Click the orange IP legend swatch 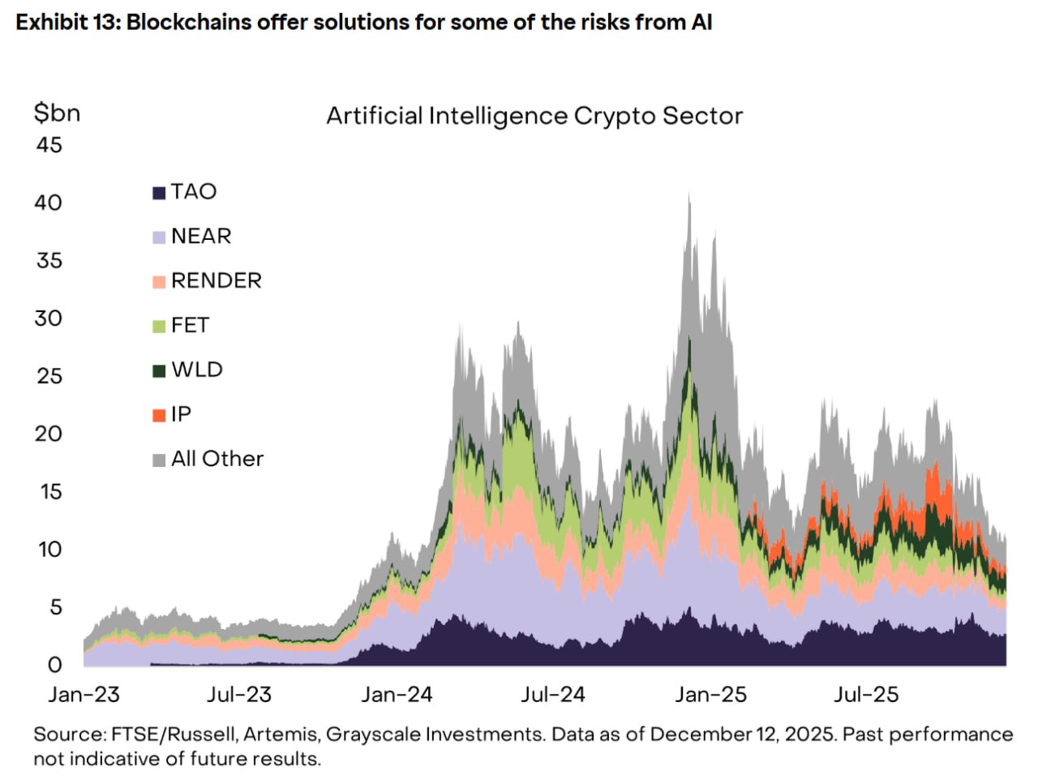coord(159,416)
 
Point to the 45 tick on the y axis coord(49,145)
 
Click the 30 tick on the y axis coord(49,319)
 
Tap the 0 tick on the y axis coord(54,666)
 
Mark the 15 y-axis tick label coord(50,492)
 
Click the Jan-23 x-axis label coord(84,695)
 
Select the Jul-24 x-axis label coord(552,695)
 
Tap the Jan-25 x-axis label coord(710,695)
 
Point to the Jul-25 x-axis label coord(866,695)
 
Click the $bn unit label coord(57,113)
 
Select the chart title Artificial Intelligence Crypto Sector coord(534,117)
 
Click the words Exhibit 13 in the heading coord(66,23)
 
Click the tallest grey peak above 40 coord(689,196)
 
